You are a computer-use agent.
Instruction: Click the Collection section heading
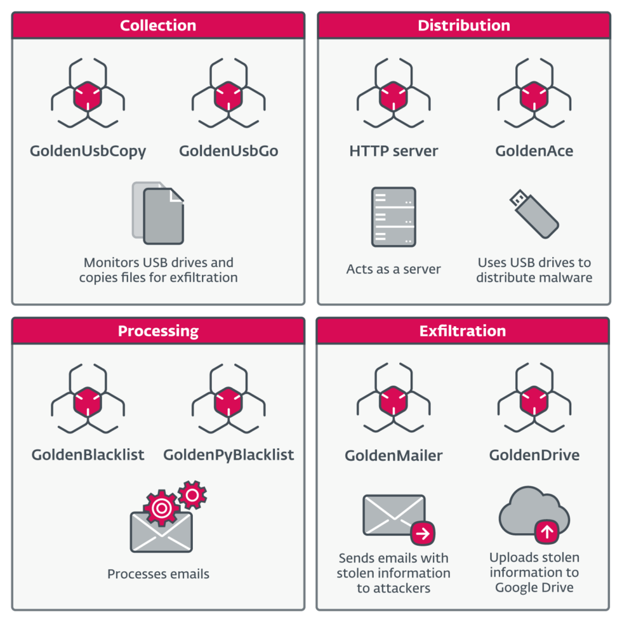(158, 26)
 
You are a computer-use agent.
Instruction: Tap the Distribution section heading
(463, 26)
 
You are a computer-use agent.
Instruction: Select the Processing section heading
(158, 331)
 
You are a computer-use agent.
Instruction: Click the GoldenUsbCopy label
(88, 152)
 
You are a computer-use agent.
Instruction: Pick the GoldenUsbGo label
(228, 152)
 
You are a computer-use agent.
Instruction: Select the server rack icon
(394, 216)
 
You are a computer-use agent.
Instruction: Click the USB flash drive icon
(534, 213)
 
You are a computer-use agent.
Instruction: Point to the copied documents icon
(158, 213)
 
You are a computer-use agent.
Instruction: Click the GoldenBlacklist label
(88, 455)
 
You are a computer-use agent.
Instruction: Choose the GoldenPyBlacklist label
(228, 455)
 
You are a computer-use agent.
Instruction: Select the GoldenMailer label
(394, 456)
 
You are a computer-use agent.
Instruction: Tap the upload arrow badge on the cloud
(547, 531)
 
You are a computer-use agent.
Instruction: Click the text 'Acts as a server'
(394, 269)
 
